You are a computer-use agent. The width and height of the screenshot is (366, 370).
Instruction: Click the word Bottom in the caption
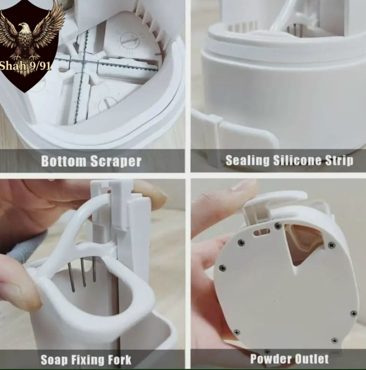pyautogui.click(x=63, y=161)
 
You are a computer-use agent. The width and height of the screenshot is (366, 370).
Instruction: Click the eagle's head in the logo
pyautogui.click(x=23, y=27)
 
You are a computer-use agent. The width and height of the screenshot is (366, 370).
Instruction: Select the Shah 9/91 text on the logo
pyautogui.click(x=25, y=65)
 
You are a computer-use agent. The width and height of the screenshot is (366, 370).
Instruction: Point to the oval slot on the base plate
pyautogui.click(x=261, y=231)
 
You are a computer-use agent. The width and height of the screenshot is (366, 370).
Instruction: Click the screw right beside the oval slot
pyautogui.click(x=277, y=226)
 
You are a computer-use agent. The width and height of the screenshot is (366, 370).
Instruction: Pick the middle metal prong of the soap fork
pyautogui.click(x=83, y=273)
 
